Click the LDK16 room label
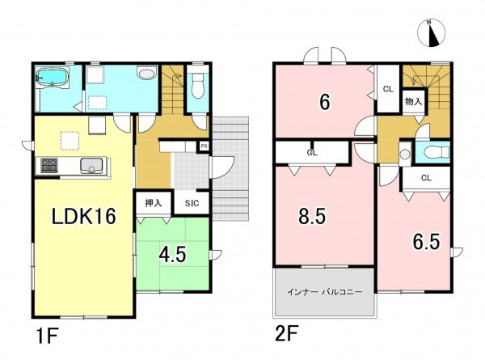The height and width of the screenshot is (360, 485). [83, 216]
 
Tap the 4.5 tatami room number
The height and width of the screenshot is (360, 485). [172, 255]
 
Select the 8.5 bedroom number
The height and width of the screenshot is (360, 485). [312, 216]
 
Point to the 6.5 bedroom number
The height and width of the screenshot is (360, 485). [426, 242]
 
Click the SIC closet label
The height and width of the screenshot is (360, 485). [192, 203]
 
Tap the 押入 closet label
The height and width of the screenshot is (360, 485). [154, 203]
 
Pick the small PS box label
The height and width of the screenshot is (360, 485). [204, 146]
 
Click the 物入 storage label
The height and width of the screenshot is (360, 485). [414, 101]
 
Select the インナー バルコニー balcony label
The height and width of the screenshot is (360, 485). [324, 292]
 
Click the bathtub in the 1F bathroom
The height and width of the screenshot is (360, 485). [52, 77]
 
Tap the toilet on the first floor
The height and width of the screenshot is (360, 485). [196, 83]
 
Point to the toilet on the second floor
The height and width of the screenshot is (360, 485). [436, 152]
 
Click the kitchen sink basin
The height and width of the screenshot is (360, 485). [91, 165]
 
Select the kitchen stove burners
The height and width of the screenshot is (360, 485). [49, 166]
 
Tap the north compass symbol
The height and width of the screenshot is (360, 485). [432, 33]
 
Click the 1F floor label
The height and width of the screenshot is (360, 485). [47, 336]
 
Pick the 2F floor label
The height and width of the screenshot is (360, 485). [286, 333]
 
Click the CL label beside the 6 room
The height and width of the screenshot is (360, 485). [388, 90]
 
